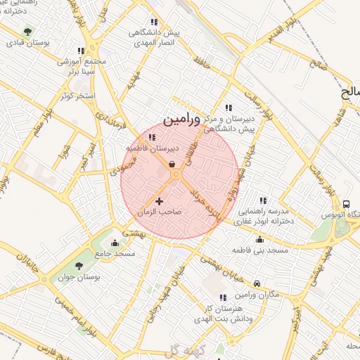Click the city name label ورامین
pyautogui.click(x=191, y=120)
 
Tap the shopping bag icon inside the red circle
pyautogui.click(x=172, y=165)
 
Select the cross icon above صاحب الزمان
pyautogui.click(x=159, y=201)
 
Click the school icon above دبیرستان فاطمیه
pyautogui.click(x=153, y=138)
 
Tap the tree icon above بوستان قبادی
pyautogui.click(x=27, y=32)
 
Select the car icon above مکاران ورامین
pyautogui.click(x=257, y=283)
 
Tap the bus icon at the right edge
pyautogui.click(x=346, y=203)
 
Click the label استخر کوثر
pyautogui.click(x=77, y=94)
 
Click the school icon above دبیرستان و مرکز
pyautogui.click(x=229, y=108)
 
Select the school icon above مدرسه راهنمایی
pyautogui.click(x=264, y=200)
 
